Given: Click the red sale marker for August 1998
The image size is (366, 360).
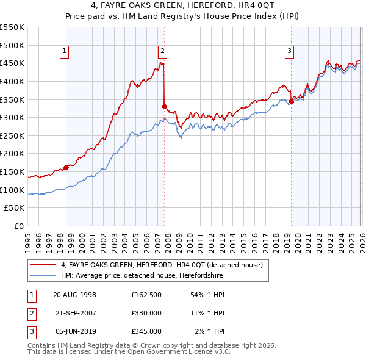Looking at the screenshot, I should click(x=66, y=167).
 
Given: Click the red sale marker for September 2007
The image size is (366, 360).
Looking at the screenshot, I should click(x=164, y=106).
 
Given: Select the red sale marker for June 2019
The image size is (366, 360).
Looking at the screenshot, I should click(x=291, y=101).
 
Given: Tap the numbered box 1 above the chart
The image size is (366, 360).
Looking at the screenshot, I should click(x=64, y=51).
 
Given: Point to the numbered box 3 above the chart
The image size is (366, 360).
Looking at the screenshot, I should click(x=289, y=51).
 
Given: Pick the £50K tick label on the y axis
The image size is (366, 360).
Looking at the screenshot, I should click(x=14, y=208).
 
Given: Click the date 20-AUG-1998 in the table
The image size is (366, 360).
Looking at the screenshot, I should click(x=74, y=295).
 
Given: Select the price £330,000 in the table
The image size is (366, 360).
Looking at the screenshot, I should click(x=146, y=313).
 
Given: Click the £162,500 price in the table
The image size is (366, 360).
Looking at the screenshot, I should click(x=146, y=295).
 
